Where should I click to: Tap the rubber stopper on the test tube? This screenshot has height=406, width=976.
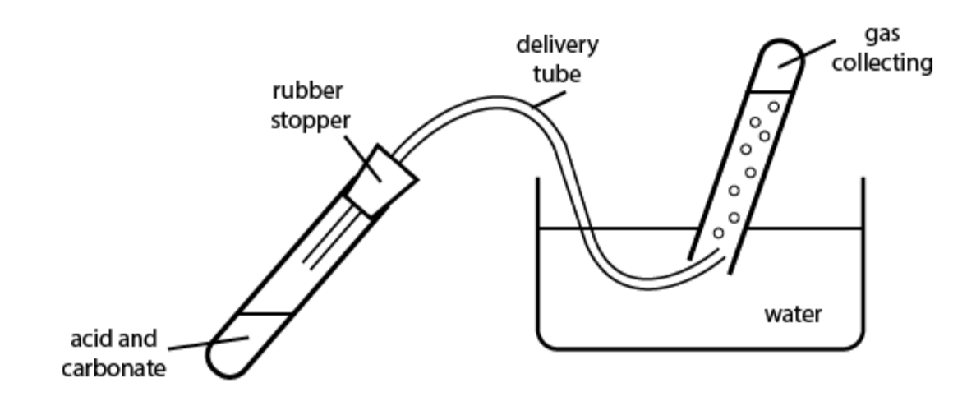point(380,176)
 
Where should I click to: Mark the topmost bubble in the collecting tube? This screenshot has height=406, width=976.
point(773,106)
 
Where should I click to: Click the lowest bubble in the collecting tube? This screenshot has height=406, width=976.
point(719,233)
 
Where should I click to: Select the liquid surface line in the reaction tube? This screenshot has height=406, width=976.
point(265,314)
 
